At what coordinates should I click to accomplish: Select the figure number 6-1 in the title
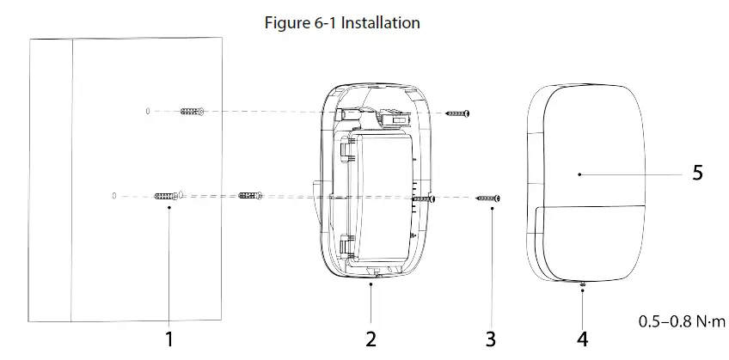(x=326, y=23)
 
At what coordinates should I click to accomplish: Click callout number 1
(x=169, y=339)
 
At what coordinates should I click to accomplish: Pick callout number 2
(x=371, y=339)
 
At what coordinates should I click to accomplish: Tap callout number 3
(x=490, y=339)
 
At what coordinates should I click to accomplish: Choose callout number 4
(x=583, y=339)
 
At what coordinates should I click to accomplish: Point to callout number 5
(x=697, y=174)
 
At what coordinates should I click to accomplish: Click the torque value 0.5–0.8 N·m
(x=682, y=320)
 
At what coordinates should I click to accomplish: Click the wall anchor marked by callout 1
(x=168, y=197)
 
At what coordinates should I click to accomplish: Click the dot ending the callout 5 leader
(x=579, y=174)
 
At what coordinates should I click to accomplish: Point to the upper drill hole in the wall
(x=148, y=112)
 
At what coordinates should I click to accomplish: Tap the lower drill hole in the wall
(x=114, y=197)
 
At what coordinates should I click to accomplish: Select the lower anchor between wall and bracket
(x=251, y=197)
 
